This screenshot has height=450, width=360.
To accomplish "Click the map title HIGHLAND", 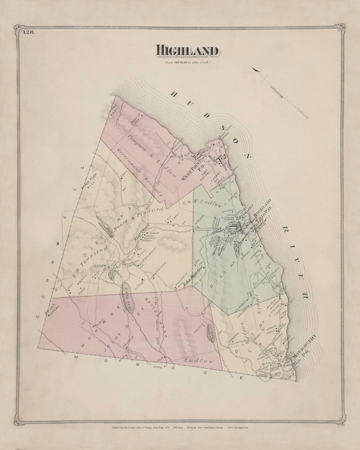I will click(x=187, y=50).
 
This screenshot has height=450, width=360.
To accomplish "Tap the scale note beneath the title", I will click(x=187, y=62).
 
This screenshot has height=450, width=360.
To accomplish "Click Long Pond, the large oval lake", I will click(x=126, y=297).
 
